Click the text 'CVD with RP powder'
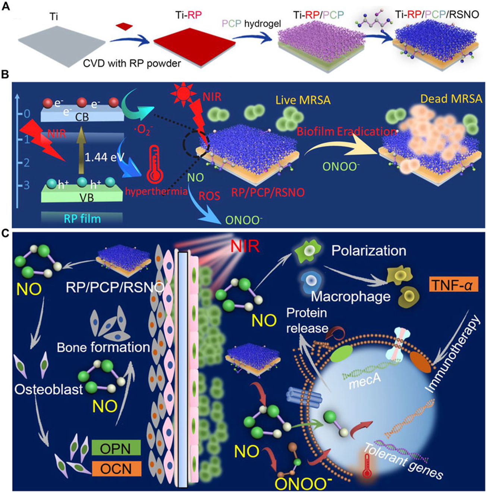click(132, 63)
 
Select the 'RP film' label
click(82, 218)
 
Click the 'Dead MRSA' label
click(451, 99)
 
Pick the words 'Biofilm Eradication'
click(346, 131)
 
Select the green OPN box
click(116, 448)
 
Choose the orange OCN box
click(116, 468)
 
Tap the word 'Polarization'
click(368, 250)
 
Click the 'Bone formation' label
click(103, 347)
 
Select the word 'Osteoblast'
click(48, 389)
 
